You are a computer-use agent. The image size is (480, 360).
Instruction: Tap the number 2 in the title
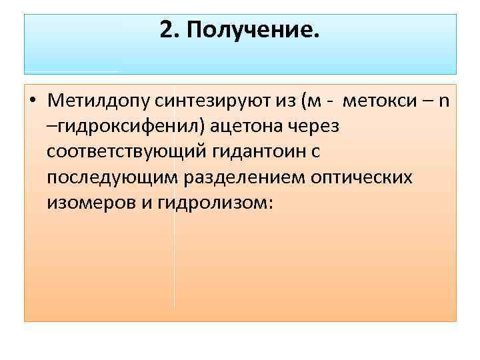(166, 30)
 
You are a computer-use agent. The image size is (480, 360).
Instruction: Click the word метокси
(375, 101)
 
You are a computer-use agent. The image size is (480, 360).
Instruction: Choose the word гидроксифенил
(121, 127)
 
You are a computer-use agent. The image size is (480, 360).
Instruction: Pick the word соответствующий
(127, 152)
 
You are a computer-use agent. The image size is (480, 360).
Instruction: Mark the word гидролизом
(211, 203)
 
